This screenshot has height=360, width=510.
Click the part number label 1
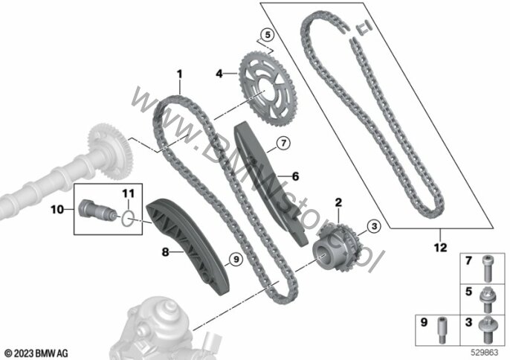(x=179, y=74)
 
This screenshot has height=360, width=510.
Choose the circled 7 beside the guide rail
(x=284, y=143)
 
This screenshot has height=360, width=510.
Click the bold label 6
(x=295, y=176)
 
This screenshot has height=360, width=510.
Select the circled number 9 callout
(x=236, y=260)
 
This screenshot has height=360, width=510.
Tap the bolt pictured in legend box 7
(x=488, y=265)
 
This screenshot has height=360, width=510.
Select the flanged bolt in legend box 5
(x=487, y=295)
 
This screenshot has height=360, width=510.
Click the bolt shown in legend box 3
(x=487, y=324)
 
